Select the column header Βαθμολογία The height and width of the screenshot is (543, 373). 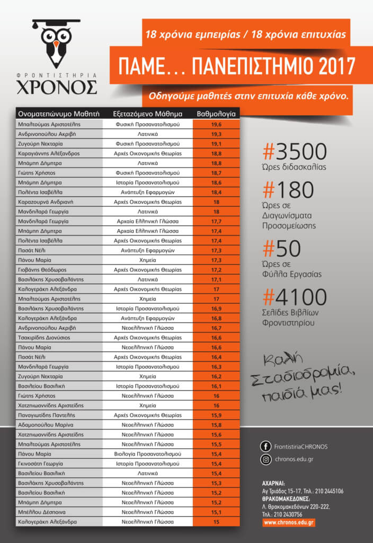point(216,113)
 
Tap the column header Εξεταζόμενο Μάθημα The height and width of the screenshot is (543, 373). point(148,113)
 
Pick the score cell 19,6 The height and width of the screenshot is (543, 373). point(216,124)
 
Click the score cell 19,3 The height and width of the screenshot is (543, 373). point(216,134)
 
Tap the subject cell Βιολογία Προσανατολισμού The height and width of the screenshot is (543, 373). point(148,454)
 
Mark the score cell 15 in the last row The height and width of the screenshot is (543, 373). point(216,522)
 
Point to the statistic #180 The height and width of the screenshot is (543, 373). point(289,189)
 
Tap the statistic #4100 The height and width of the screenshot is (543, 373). point(295,297)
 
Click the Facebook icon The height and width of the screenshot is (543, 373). point(266,446)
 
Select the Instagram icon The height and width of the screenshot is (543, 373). point(266,459)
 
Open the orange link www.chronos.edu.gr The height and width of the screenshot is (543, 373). point(289,522)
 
